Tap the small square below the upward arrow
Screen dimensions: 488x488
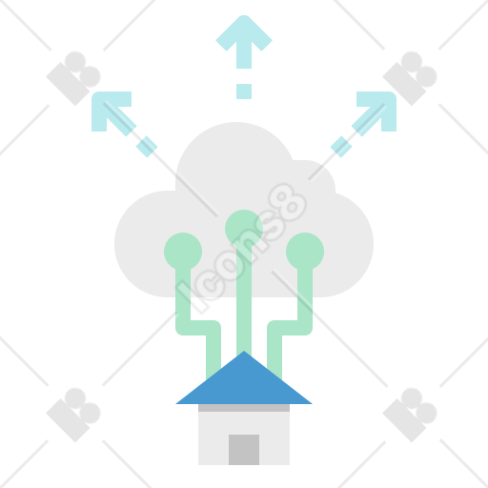[x=244, y=91]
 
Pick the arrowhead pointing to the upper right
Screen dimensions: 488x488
[x=379, y=110]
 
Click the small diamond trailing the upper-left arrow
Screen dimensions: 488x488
[x=147, y=147]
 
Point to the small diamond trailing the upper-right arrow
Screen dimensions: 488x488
[x=341, y=147]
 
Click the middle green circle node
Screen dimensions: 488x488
[x=244, y=229]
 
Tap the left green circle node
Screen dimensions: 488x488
[x=183, y=252]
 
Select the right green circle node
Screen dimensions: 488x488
[x=305, y=252]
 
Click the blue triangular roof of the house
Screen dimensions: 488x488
[x=244, y=381]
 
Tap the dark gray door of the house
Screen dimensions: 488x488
[x=244, y=450]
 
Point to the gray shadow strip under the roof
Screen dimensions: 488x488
[x=244, y=408]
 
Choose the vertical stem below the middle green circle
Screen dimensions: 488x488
[x=244, y=300]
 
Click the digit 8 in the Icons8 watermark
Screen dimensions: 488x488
[x=287, y=202]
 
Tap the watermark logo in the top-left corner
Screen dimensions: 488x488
[x=73, y=78]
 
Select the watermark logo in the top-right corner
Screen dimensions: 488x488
[x=410, y=78]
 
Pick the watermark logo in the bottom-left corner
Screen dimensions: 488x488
[x=73, y=415]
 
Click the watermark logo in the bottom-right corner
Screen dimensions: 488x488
[x=410, y=415]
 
